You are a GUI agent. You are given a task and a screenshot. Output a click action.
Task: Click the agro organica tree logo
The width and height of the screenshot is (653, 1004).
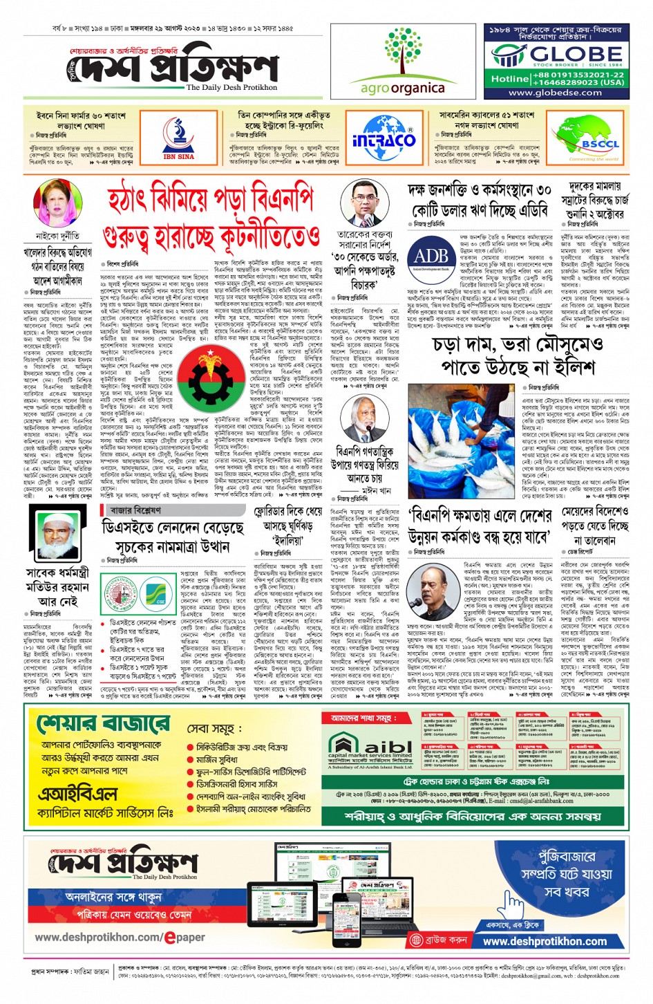pyautogui.click(x=402, y=52)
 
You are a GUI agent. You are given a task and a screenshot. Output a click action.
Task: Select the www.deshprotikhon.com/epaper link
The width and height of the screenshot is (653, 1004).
pyautogui.click(x=120, y=937)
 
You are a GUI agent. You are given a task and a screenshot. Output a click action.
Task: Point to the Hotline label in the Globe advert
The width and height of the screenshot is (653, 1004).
pyautogui.click(x=510, y=79)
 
